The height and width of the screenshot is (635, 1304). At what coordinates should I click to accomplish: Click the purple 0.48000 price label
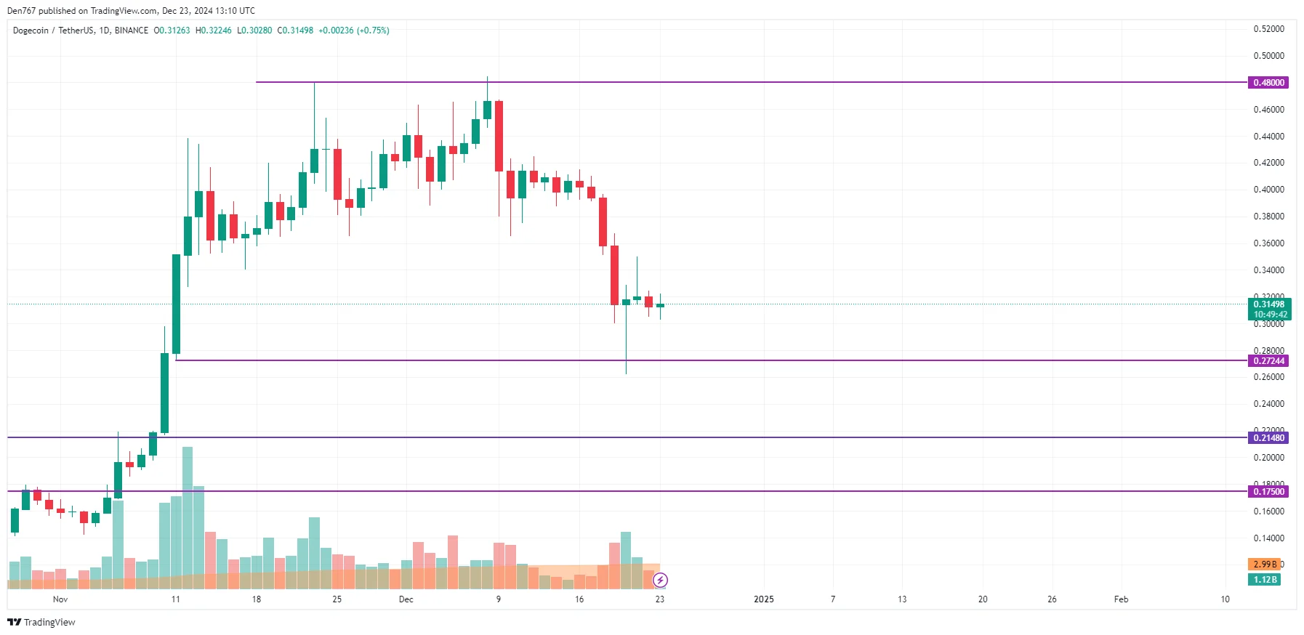pos(1268,83)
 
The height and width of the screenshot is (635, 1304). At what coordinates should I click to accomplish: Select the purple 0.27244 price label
pos(1268,361)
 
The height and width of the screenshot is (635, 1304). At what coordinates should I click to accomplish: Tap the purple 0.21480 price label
pos(1268,438)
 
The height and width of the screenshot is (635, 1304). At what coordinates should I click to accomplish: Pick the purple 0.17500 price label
pos(1268,492)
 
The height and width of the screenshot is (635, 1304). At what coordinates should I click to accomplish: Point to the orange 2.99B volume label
pos(1264,565)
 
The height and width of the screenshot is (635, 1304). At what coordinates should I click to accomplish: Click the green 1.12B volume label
pos(1264,580)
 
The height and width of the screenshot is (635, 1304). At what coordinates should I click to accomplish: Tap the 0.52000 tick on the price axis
pos(1268,29)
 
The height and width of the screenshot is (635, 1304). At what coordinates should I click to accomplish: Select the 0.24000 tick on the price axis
pos(1268,404)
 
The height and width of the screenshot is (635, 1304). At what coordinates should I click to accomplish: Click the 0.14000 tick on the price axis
pos(1268,538)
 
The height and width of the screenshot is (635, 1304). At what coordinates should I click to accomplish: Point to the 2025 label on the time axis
pos(764,599)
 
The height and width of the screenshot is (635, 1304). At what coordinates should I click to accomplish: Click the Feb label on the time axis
pos(1121,599)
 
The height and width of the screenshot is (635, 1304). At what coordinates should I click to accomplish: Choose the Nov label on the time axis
pos(60,599)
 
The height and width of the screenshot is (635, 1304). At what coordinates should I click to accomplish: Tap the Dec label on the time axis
pos(406,599)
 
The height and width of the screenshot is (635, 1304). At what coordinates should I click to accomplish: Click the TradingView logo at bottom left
pos(41,623)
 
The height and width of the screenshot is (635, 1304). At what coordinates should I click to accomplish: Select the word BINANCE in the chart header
pos(132,31)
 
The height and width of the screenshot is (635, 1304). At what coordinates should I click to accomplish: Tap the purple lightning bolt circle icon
pos(660,580)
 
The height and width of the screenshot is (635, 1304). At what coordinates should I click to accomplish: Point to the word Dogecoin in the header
pos(31,31)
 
